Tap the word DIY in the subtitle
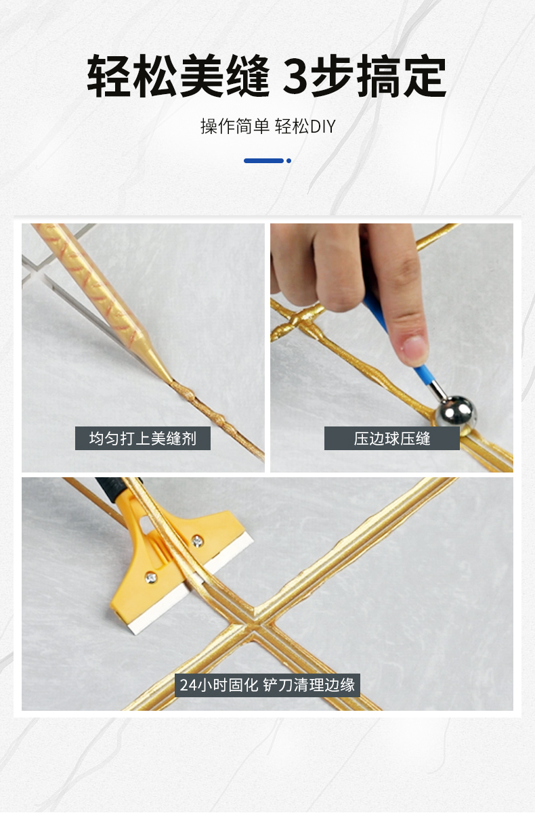(x=322, y=127)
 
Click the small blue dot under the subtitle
(x=288, y=161)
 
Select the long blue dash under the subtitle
(x=263, y=161)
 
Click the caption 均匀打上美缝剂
(x=143, y=439)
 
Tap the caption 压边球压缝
(x=392, y=439)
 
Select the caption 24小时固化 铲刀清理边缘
(x=267, y=685)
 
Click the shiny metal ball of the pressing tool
(x=456, y=412)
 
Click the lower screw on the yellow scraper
(x=151, y=577)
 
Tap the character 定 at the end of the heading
(x=425, y=76)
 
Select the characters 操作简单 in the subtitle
(x=234, y=127)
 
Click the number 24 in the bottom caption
(x=188, y=685)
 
